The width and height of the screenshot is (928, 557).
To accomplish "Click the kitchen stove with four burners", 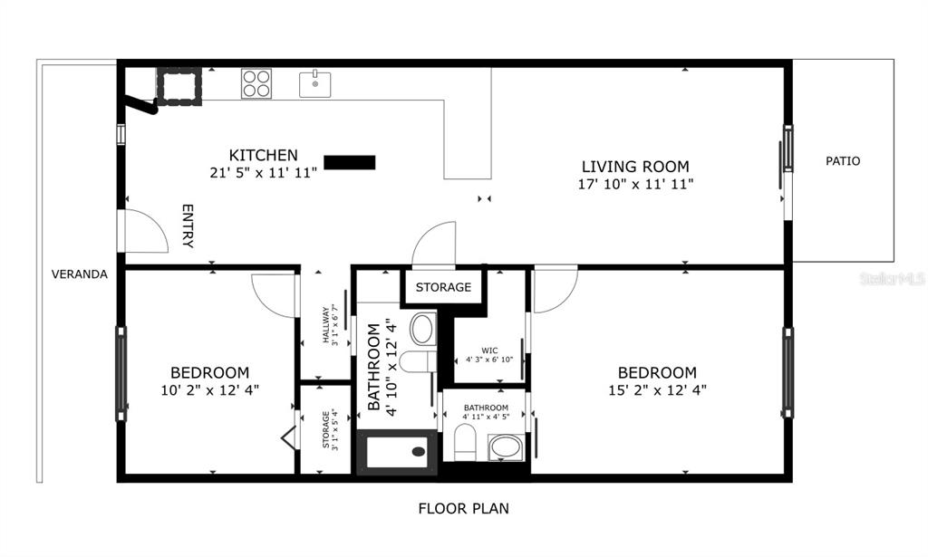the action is point(256,83).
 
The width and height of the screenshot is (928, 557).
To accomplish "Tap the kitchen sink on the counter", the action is point(314,84).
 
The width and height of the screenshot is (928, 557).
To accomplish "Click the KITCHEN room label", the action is point(264,156).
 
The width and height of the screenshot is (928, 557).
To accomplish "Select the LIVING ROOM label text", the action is point(635,167).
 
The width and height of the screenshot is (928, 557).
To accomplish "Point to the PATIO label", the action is point(843,161).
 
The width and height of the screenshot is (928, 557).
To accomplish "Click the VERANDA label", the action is point(80,274).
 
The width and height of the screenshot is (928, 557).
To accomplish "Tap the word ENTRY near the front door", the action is point(188,226).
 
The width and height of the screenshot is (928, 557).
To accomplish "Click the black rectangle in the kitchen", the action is point(349,163).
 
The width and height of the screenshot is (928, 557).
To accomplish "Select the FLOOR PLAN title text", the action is point(463,508).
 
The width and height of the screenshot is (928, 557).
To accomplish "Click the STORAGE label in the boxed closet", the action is point(443,287).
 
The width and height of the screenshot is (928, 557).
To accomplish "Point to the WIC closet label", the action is point(489,351).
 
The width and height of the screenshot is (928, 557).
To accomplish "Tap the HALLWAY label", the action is point(325,324).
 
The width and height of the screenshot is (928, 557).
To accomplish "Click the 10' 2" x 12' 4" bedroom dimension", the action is point(210,390).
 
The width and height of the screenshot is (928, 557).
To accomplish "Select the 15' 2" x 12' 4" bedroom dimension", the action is point(658,390).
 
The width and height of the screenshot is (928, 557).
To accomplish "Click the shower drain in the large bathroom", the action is point(419,452).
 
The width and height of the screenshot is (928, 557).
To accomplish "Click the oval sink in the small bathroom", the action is point(506,447).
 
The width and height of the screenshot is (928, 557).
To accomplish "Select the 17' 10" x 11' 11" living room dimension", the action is point(635,184).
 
